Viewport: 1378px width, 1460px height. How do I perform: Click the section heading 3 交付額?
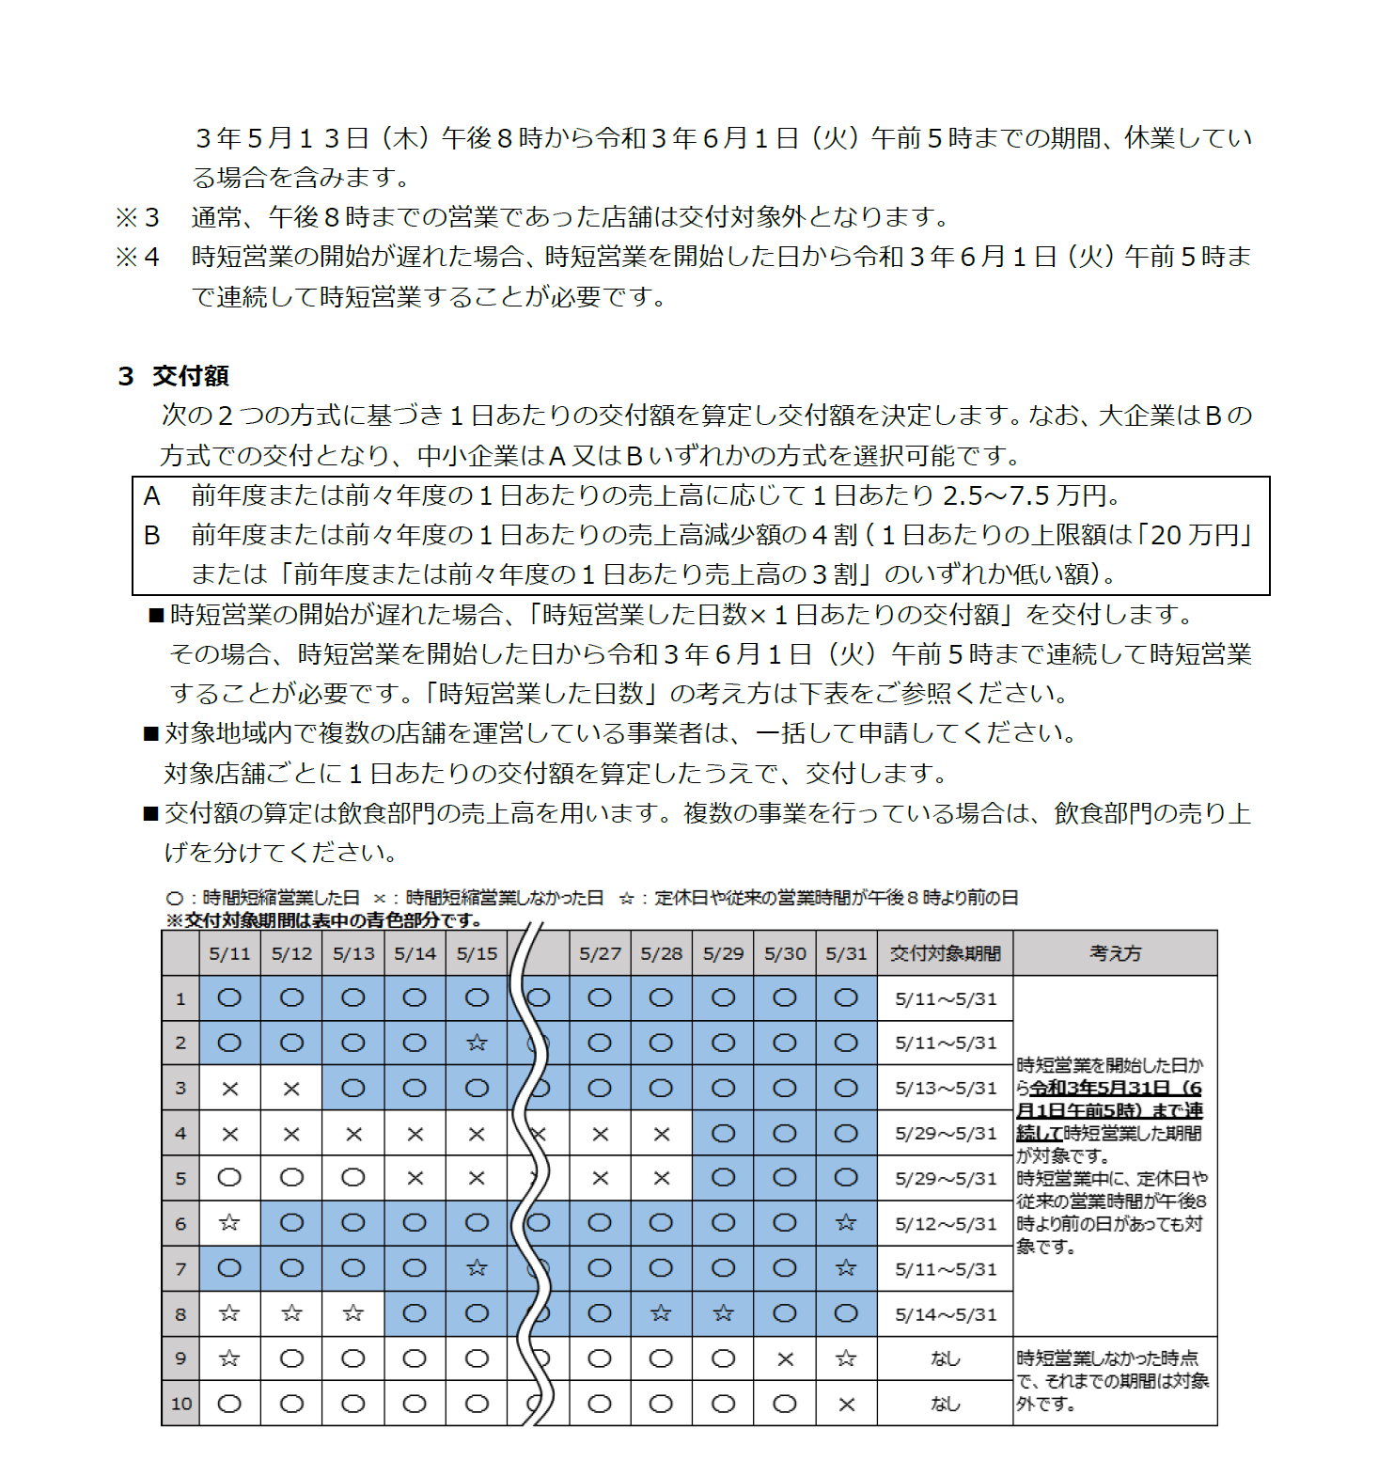tap(174, 376)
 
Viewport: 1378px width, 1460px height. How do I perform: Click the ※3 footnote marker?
tap(137, 218)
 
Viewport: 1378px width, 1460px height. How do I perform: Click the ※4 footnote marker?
tap(137, 258)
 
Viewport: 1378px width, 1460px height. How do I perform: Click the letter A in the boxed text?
tap(151, 496)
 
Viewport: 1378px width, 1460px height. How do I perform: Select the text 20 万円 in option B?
tap(1195, 535)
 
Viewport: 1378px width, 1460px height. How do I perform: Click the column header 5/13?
tap(353, 953)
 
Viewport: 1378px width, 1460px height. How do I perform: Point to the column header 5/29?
tap(723, 953)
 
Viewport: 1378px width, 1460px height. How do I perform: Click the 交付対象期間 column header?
tap(945, 953)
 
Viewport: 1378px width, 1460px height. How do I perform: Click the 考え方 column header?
tap(1115, 953)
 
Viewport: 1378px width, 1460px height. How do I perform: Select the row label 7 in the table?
tap(180, 1269)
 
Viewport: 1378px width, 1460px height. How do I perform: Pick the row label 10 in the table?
tap(180, 1404)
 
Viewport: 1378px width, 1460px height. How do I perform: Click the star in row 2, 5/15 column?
tap(477, 1043)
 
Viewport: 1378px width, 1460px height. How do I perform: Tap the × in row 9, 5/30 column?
tap(785, 1359)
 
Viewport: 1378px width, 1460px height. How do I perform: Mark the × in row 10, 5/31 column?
tap(846, 1405)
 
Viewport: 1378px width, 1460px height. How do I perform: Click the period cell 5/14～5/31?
tap(945, 1314)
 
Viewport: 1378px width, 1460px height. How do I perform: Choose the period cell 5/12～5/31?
tap(945, 1224)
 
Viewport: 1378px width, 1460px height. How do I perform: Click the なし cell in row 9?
tap(945, 1359)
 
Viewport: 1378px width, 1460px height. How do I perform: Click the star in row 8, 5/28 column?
tap(661, 1313)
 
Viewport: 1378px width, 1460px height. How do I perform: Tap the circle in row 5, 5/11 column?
tap(229, 1178)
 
